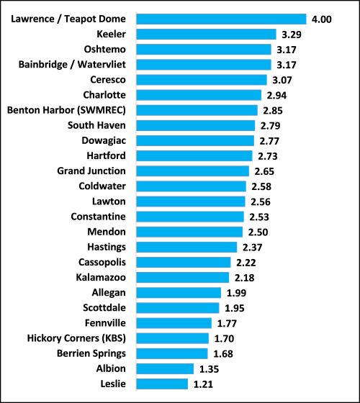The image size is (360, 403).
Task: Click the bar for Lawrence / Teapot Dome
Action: coord(220,19)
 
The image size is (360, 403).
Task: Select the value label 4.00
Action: coord(321,19)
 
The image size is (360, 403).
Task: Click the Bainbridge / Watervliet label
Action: coord(72,64)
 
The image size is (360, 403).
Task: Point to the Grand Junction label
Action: coord(91,171)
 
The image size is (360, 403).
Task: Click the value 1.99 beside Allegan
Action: coord(238,292)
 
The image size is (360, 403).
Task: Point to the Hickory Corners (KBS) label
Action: coord(76,338)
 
